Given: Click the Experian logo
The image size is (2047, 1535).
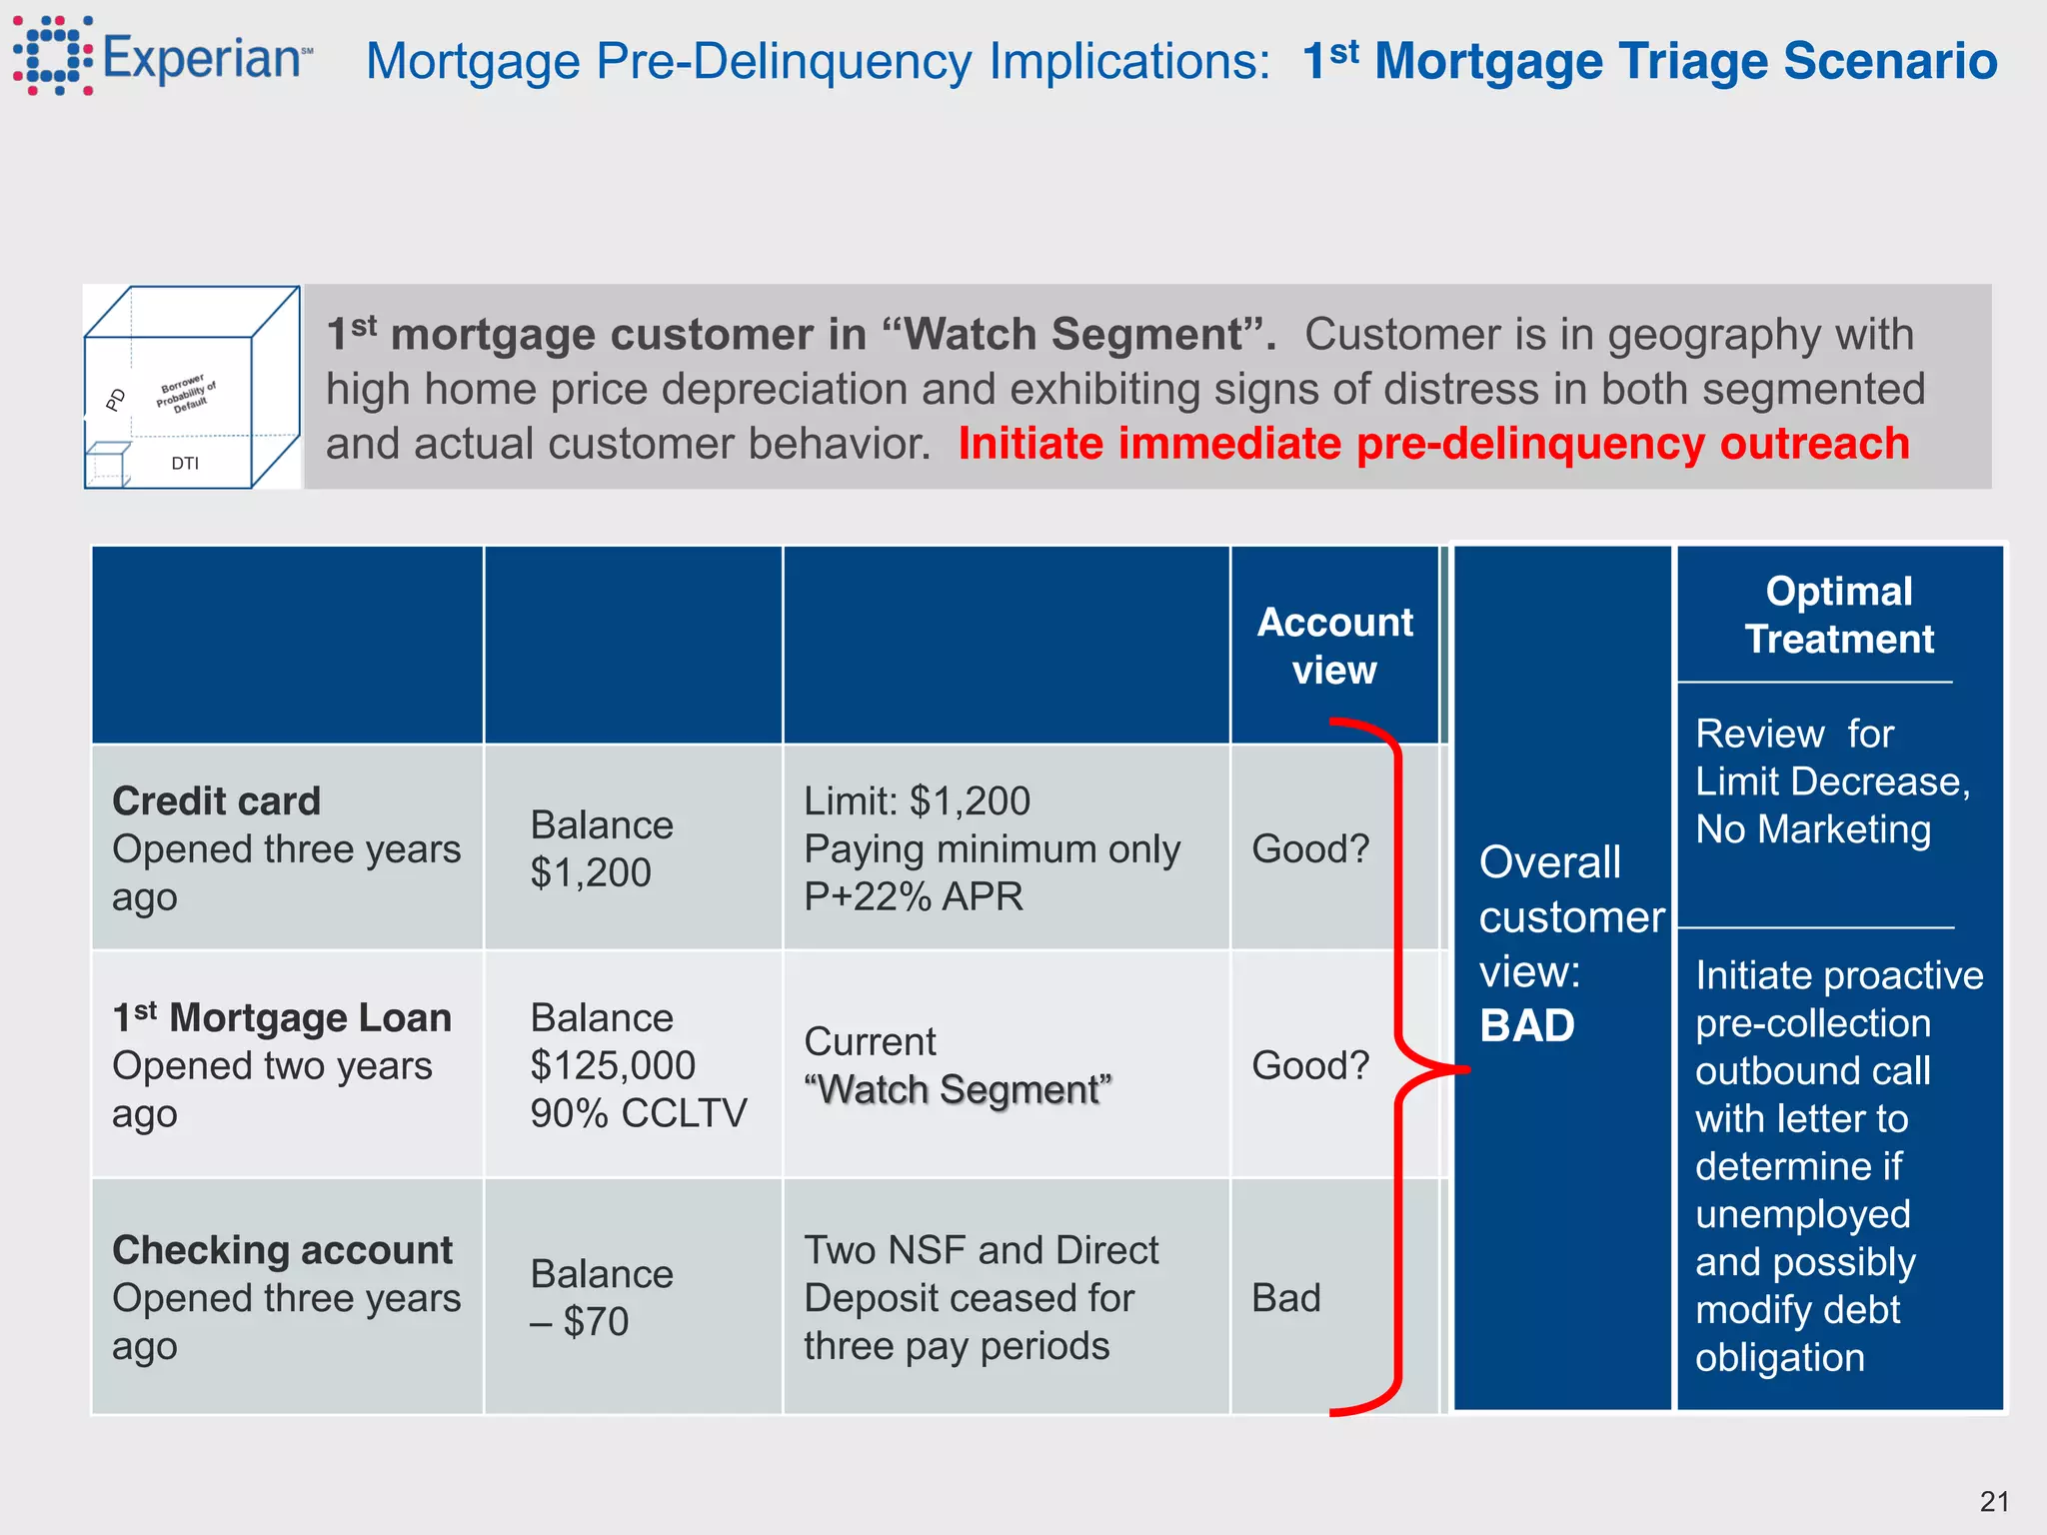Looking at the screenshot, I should [160, 57].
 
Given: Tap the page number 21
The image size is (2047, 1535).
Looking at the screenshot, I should [1994, 1501].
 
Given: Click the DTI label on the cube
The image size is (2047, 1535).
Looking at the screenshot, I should [185, 463].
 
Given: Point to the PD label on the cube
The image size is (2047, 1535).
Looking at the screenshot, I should [116, 400].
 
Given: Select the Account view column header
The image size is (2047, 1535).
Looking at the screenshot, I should [1334, 646].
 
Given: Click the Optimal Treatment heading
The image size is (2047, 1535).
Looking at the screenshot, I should [1838, 615].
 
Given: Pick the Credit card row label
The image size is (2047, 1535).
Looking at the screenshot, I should [216, 800].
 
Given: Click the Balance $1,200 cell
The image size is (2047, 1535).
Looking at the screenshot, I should [601, 848].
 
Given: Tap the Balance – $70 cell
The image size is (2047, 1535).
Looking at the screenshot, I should [601, 1297].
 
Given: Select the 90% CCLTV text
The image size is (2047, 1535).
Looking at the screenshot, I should [638, 1113].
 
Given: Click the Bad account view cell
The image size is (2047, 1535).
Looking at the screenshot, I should [1286, 1297].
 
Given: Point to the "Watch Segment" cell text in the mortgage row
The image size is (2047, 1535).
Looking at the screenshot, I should [958, 1089].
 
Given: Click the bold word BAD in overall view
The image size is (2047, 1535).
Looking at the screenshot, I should [1526, 1025].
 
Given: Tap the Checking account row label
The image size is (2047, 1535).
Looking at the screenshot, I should [282, 1250].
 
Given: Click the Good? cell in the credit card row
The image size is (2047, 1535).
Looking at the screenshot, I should [1309, 848].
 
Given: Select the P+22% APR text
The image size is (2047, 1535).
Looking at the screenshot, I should [913, 896].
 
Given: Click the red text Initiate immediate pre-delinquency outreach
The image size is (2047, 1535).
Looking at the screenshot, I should [1433, 444].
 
